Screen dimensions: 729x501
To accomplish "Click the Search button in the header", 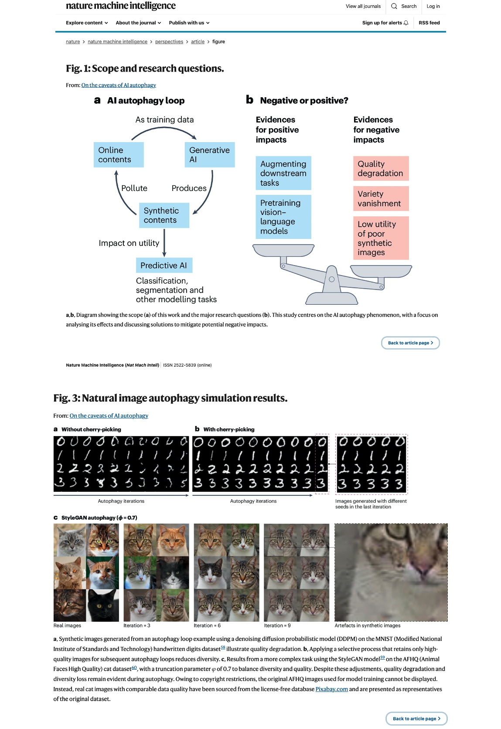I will pos(404,6).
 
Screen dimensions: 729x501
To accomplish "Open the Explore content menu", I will pos(87,23).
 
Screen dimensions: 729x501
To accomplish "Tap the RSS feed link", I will pos(429,23).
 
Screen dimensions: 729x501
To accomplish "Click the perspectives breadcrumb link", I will pos(169,42).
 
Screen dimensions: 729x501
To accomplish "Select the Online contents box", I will pos(119,155).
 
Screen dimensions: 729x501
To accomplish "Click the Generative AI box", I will pos(210,155).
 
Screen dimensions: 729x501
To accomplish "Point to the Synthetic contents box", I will pos(164,215).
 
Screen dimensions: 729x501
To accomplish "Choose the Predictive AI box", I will pos(164,265).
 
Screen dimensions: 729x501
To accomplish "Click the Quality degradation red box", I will pos(381,168).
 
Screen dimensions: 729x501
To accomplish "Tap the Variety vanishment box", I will pos(381,198).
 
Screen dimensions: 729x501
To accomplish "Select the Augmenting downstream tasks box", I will pos(283,173).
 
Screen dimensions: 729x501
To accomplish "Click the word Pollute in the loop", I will pos(134,188).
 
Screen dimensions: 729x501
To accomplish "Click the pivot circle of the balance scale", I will pos(332,279).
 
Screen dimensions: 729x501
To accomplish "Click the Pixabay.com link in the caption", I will pos(331,689).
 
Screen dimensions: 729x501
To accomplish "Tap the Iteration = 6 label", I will pos(207,626).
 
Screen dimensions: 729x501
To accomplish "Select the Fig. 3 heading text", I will pos(170,398).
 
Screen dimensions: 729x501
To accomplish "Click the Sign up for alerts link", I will pos(385,23).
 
